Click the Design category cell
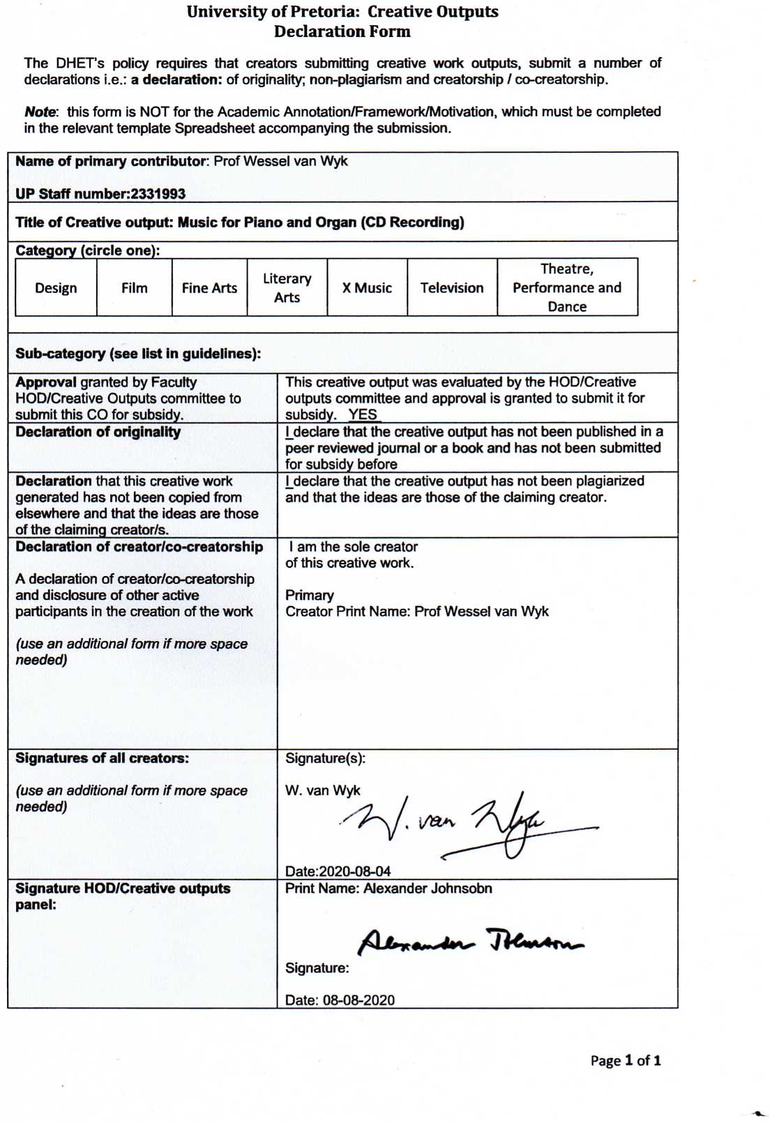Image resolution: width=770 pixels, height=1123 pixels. tap(56, 287)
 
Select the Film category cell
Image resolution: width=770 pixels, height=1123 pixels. tap(134, 287)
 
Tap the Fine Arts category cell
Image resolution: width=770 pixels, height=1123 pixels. tap(209, 287)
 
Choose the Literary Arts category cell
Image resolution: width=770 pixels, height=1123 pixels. tap(287, 287)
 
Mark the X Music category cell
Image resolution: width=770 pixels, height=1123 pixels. tap(367, 287)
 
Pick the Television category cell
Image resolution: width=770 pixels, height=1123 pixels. tap(452, 287)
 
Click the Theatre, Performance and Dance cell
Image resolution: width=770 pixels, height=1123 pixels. tap(567, 287)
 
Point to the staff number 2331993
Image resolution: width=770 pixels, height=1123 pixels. tap(158, 194)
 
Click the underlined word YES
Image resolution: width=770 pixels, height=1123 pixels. tap(363, 414)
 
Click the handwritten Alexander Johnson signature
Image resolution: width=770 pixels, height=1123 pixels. tap(471, 942)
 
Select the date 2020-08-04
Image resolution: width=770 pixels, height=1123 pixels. tap(354, 871)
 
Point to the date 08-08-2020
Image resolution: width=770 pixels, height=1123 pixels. tap(358, 1000)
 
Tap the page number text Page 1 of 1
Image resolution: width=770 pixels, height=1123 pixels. tap(626, 1061)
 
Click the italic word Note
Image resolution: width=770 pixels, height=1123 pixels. tap(40, 112)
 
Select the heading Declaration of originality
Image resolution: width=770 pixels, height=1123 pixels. tap(98, 432)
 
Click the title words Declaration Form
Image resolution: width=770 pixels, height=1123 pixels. tap(342, 31)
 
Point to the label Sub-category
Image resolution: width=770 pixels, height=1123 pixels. tap(60, 354)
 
